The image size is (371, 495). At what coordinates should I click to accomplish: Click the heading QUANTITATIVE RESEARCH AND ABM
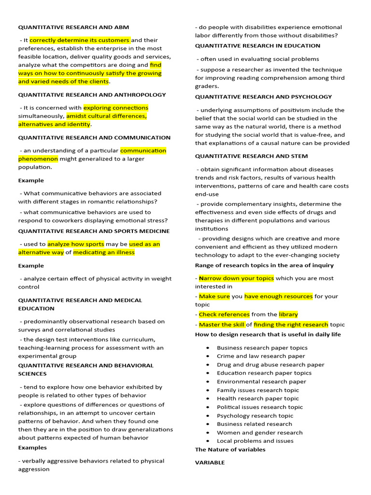[73, 28]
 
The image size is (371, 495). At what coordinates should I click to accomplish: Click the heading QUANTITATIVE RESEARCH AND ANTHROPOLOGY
[92, 95]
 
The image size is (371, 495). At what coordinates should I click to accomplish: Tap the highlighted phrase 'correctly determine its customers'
[80, 40]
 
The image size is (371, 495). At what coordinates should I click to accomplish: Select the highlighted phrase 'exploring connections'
[116, 108]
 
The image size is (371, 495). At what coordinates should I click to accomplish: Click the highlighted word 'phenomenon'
[38, 159]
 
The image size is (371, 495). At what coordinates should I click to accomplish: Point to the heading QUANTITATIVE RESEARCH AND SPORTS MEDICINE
[94, 231]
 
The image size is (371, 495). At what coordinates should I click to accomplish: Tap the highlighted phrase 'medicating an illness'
[104, 252]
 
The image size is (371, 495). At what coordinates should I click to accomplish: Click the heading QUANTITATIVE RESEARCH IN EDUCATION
[257, 46]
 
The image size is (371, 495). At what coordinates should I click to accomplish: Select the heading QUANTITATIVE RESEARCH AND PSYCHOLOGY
[263, 97]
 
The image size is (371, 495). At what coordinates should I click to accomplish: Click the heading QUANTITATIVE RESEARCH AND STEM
[251, 156]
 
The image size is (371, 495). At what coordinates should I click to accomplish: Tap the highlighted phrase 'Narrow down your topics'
[236, 278]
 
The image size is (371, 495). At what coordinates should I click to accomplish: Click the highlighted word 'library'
[288, 314]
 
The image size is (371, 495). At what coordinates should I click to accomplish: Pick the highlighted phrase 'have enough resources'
[278, 296]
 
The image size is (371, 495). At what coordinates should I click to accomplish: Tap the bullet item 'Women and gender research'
[259, 433]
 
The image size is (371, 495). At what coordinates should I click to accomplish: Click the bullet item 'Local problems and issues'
[255, 441]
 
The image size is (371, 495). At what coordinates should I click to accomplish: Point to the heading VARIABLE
[210, 463]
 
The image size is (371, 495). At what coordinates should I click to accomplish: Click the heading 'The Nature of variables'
[230, 450]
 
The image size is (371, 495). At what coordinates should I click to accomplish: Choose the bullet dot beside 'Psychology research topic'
[207, 416]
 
